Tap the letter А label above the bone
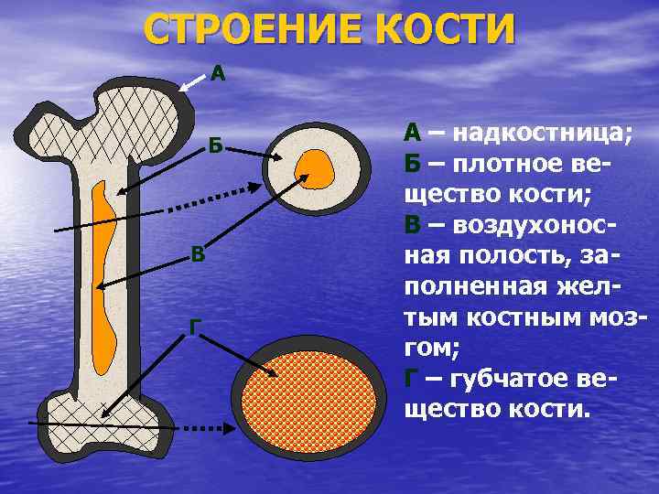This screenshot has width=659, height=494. [x=218, y=72]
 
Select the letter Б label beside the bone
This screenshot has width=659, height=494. [x=213, y=145]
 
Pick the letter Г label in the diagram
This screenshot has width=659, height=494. [x=194, y=326]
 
